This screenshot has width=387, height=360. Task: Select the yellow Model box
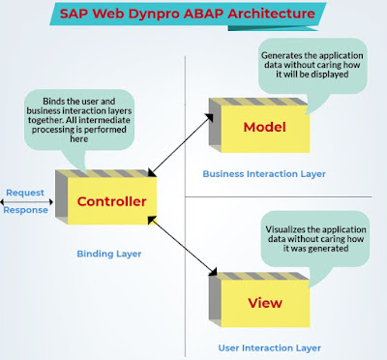click(x=264, y=128)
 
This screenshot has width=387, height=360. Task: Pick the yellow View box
click(x=264, y=303)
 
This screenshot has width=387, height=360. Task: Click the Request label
click(x=23, y=194)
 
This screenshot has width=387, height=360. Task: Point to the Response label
click(x=25, y=210)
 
